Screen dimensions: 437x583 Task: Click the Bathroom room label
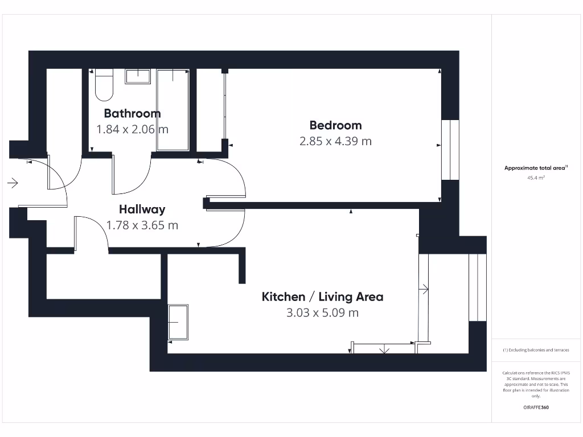coord(132,113)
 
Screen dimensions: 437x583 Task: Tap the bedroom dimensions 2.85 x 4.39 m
coord(335,141)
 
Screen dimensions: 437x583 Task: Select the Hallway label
coord(142,209)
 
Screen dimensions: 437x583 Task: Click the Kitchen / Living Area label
coord(322,296)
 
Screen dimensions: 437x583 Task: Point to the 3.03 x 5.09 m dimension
coord(322,312)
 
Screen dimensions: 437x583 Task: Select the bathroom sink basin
coord(137,76)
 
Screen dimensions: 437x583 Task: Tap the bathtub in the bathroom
coord(173,110)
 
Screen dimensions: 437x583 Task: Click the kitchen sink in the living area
coord(178,322)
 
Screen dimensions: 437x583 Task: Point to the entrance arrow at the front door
coord(13,183)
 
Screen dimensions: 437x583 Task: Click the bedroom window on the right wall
coord(450,150)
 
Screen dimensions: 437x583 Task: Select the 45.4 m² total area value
coord(536,178)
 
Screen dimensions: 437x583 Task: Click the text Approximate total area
coord(535,168)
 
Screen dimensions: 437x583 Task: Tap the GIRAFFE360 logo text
coord(536,407)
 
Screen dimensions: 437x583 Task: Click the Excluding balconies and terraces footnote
coord(536,350)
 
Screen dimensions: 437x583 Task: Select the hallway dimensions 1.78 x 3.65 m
coord(142,225)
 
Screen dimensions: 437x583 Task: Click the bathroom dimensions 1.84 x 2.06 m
coord(132,129)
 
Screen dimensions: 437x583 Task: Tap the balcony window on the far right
coord(477,287)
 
